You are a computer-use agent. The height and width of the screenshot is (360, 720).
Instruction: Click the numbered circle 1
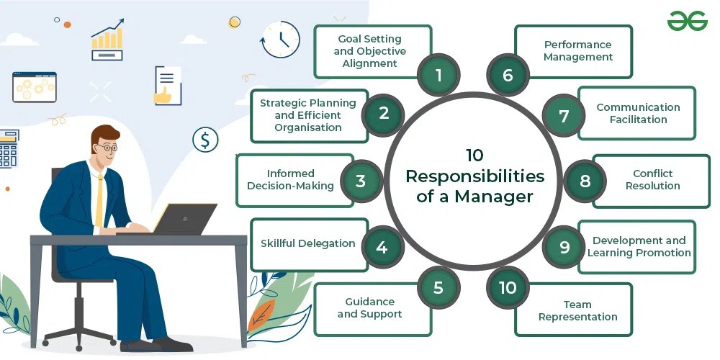(438, 75)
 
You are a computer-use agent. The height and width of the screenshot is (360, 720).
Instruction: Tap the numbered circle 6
(508, 75)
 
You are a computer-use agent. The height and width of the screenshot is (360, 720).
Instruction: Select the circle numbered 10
(508, 287)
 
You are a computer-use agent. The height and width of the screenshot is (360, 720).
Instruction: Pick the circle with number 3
(361, 181)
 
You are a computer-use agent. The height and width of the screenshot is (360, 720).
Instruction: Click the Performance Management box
(577, 51)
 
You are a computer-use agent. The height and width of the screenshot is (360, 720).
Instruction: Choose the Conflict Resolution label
(652, 180)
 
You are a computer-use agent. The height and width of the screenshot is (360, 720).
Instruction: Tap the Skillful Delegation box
(307, 243)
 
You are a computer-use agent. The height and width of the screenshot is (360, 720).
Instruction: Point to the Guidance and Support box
(369, 307)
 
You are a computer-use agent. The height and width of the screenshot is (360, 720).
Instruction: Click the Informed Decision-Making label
(291, 180)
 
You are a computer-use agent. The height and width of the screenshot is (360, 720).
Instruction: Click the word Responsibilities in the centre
(474, 176)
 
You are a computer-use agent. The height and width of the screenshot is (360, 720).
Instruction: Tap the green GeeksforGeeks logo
(687, 21)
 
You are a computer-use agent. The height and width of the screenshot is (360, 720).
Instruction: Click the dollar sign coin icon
(205, 139)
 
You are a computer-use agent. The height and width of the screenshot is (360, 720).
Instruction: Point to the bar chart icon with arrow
(107, 40)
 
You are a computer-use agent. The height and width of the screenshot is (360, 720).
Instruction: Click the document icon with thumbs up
(168, 85)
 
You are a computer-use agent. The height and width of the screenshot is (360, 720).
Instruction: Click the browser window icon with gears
(34, 86)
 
